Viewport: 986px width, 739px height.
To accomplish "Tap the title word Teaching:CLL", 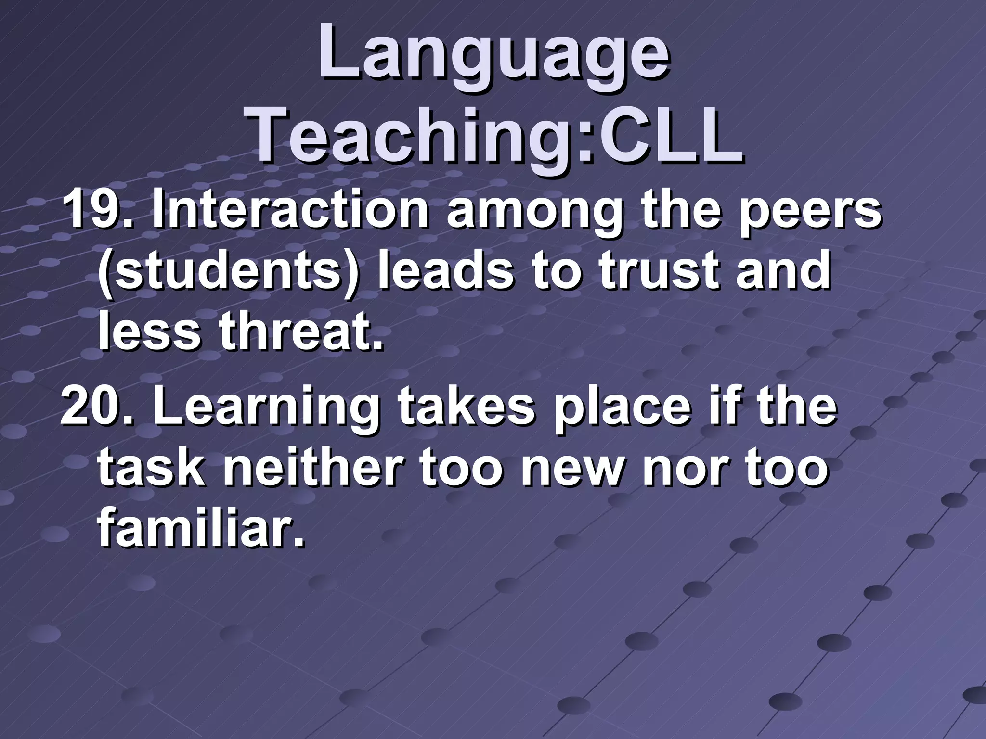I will coord(496,135).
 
